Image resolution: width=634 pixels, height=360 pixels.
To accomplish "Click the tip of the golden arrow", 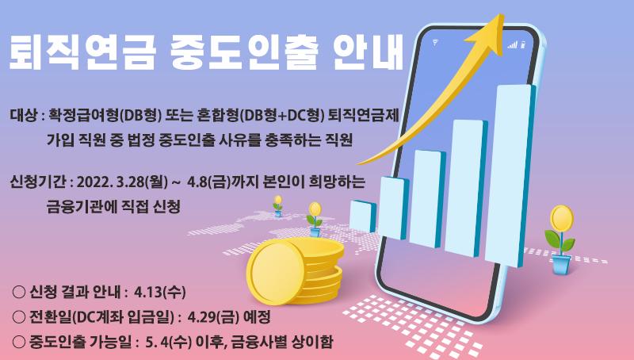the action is coord(502,15).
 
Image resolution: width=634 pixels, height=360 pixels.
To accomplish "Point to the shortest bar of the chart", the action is coord(362,216).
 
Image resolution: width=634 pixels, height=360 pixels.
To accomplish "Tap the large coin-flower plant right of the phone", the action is coord(560,239).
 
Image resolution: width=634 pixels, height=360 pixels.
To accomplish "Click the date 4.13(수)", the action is coord(160,292).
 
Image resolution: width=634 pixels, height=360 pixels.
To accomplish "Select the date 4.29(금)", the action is coord(212,317).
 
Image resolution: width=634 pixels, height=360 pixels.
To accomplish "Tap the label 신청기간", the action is coord(37,182).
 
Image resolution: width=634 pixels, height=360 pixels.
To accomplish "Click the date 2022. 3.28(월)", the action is coord(122,182).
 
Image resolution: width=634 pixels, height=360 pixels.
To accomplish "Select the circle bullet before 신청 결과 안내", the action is coord(19,292).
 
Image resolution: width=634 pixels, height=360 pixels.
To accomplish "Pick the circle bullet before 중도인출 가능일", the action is coord(19,343).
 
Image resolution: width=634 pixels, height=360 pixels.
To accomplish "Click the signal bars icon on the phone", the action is coord(512,44).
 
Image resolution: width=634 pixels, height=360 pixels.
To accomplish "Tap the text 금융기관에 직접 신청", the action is coord(113,207).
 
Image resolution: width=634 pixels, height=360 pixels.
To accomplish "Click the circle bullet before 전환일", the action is coord(19,317).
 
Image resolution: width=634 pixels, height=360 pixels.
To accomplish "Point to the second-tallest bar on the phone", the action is coord(466,188).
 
